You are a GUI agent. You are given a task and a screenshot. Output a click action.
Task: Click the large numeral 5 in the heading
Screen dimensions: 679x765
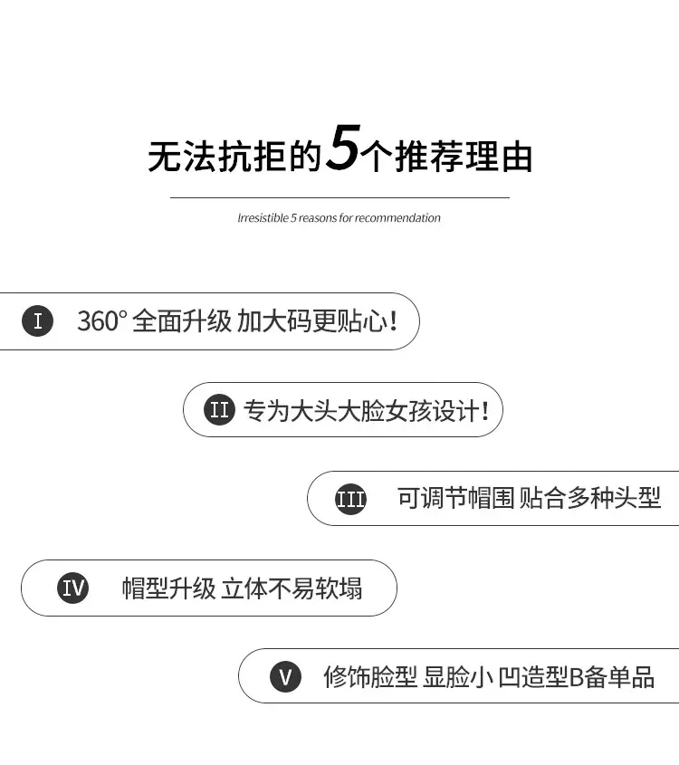point(343,148)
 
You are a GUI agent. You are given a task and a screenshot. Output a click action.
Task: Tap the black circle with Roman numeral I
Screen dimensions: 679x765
point(37,321)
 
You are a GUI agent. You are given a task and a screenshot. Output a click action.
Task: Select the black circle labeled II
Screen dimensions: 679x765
point(219,409)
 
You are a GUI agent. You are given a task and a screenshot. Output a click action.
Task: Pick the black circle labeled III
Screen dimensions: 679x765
point(350,499)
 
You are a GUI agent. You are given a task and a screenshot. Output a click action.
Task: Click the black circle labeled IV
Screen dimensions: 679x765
point(73,588)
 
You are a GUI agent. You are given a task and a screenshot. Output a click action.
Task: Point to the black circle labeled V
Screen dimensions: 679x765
point(285,676)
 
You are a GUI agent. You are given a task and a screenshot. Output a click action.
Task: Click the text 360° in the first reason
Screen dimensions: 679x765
point(102,321)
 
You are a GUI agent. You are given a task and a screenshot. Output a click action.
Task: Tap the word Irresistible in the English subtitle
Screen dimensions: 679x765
point(263,218)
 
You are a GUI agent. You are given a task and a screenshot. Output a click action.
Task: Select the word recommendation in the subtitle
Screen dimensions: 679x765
point(397,218)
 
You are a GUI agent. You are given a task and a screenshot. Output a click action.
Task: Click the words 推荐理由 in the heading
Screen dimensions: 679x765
point(464,157)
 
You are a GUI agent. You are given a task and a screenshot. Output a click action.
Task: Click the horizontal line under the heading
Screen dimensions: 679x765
point(339,197)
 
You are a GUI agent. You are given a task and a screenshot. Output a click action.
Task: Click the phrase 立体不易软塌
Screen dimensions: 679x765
point(292,588)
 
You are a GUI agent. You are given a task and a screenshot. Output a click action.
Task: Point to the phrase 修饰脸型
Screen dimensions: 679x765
point(370,677)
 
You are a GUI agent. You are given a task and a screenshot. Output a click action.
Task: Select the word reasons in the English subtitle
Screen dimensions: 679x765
point(318,218)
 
